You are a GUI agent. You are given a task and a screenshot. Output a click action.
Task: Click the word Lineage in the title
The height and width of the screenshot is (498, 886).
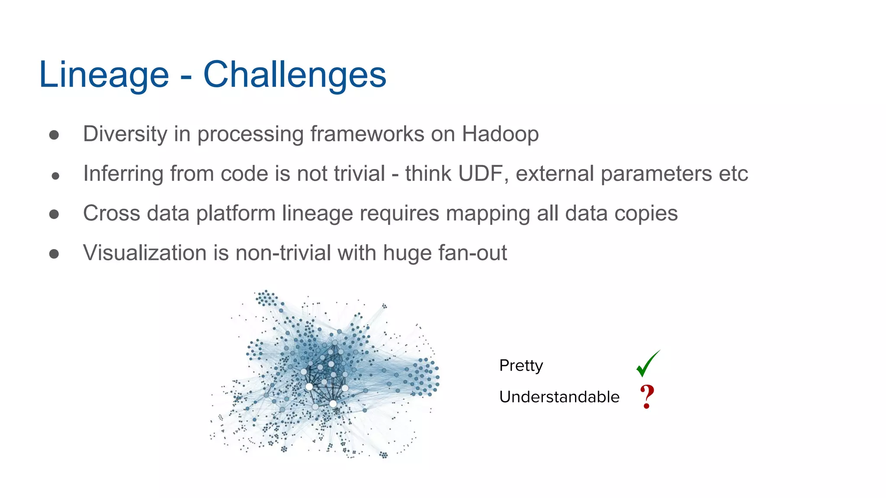coord(104,75)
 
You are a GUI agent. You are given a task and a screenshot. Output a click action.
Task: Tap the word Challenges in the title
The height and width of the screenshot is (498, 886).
coord(295,75)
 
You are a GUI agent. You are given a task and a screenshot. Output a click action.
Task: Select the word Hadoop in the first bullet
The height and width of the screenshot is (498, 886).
coord(500,134)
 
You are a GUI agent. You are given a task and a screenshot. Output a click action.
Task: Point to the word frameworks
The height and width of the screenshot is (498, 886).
coord(367,134)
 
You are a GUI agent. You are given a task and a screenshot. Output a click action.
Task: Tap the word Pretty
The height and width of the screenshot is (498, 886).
coord(521,366)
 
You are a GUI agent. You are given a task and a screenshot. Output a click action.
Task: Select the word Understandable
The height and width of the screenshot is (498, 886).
coord(559,397)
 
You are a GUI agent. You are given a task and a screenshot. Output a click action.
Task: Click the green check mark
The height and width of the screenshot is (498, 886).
coord(648,364)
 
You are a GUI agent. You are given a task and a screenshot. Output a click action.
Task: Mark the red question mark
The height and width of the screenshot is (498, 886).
coord(647,397)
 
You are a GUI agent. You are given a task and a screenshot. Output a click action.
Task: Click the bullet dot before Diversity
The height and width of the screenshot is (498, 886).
coord(54,135)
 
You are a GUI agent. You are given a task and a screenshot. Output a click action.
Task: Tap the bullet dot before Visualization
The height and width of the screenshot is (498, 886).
coord(54,254)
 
